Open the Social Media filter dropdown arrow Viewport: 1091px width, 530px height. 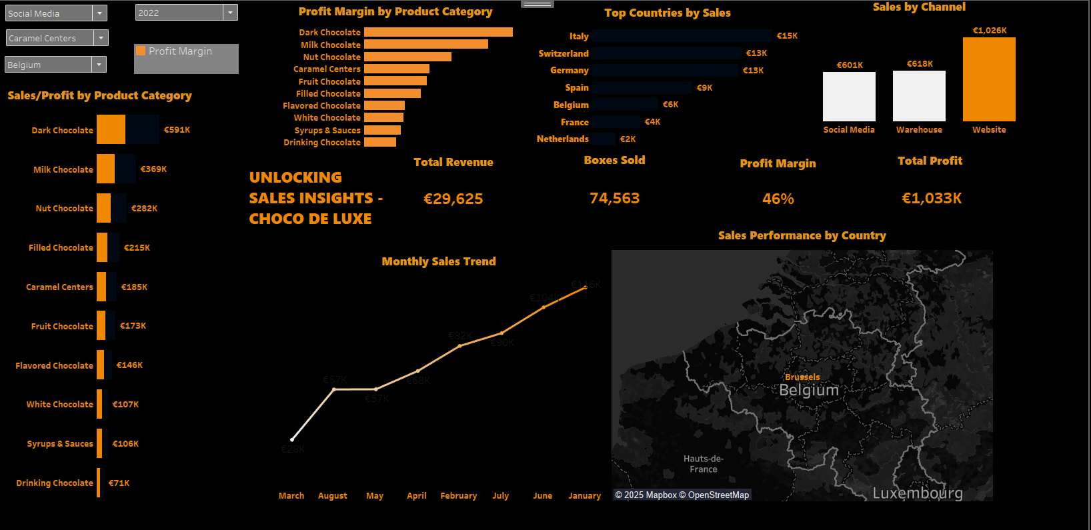click(99, 13)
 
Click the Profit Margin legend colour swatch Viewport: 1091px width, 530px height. click(141, 51)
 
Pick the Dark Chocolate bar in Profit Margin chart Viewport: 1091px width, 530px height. click(438, 32)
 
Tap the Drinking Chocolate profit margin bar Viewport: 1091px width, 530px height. click(380, 142)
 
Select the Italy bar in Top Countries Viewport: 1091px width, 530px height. click(682, 36)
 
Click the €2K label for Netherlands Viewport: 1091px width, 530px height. click(628, 139)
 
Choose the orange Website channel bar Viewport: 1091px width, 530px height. click(989, 79)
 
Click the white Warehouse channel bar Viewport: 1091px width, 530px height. click(919, 96)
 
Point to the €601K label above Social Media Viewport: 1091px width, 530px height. click(850, 65)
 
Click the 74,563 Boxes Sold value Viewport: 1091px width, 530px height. click(614, 198)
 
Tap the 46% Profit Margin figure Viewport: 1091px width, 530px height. click(778, 199)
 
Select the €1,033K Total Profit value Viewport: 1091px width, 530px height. click(932, 198)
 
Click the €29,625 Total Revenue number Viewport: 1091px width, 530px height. click(453, 199)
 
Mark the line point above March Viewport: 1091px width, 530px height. click(292, 439)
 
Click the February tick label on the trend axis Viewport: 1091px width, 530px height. click(459, 496)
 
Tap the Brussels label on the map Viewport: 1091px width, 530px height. click(802, 377)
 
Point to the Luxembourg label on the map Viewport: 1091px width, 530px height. click(918, 493)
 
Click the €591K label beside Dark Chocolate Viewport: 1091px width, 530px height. click(177, 130)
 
